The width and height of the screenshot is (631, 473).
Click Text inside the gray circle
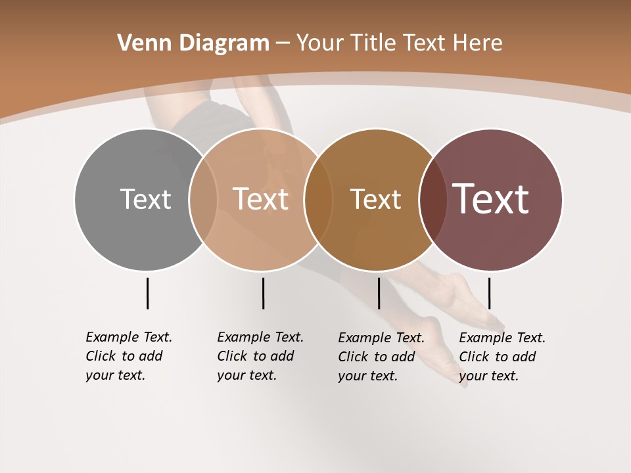(145, 199)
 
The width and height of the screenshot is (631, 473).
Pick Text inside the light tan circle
(260, 199)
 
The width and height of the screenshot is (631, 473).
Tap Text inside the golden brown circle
(375, 199)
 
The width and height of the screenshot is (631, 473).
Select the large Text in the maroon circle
(490, 199)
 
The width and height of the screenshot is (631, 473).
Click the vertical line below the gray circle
(147, 293)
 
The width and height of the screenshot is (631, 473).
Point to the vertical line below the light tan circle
(263, 293)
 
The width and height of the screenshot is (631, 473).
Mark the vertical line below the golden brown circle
(379, 293)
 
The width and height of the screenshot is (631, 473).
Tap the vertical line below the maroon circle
(489, 293)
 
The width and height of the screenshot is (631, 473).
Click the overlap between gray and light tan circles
(203, 199)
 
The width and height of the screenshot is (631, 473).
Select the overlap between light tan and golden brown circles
(318, 199)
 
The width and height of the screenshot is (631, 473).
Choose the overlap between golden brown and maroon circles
(432, 199)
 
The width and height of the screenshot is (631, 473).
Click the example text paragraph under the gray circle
(129, 356)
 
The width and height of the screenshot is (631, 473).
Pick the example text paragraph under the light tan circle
(260, 356)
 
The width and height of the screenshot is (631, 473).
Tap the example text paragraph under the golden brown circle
(381, 357)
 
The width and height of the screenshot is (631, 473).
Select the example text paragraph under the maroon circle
(502, 357)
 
